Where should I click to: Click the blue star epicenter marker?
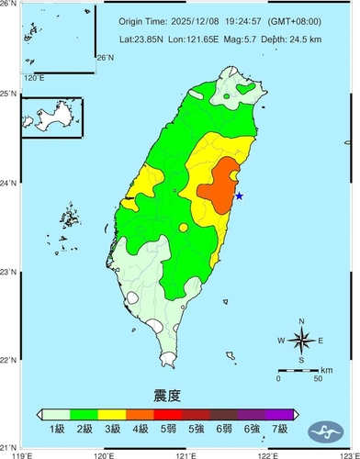click(x=239, y=195)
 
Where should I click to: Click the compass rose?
click(x=301, y=341)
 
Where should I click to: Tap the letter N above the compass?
click(x=301, y=320)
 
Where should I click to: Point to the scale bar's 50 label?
click(x=318, y=378)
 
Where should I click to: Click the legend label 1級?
click(x=56, y=429)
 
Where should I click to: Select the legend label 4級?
click(x=141, y=429)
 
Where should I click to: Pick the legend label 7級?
click(x=281, y=429)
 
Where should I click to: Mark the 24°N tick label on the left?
click(x=9, y=183)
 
